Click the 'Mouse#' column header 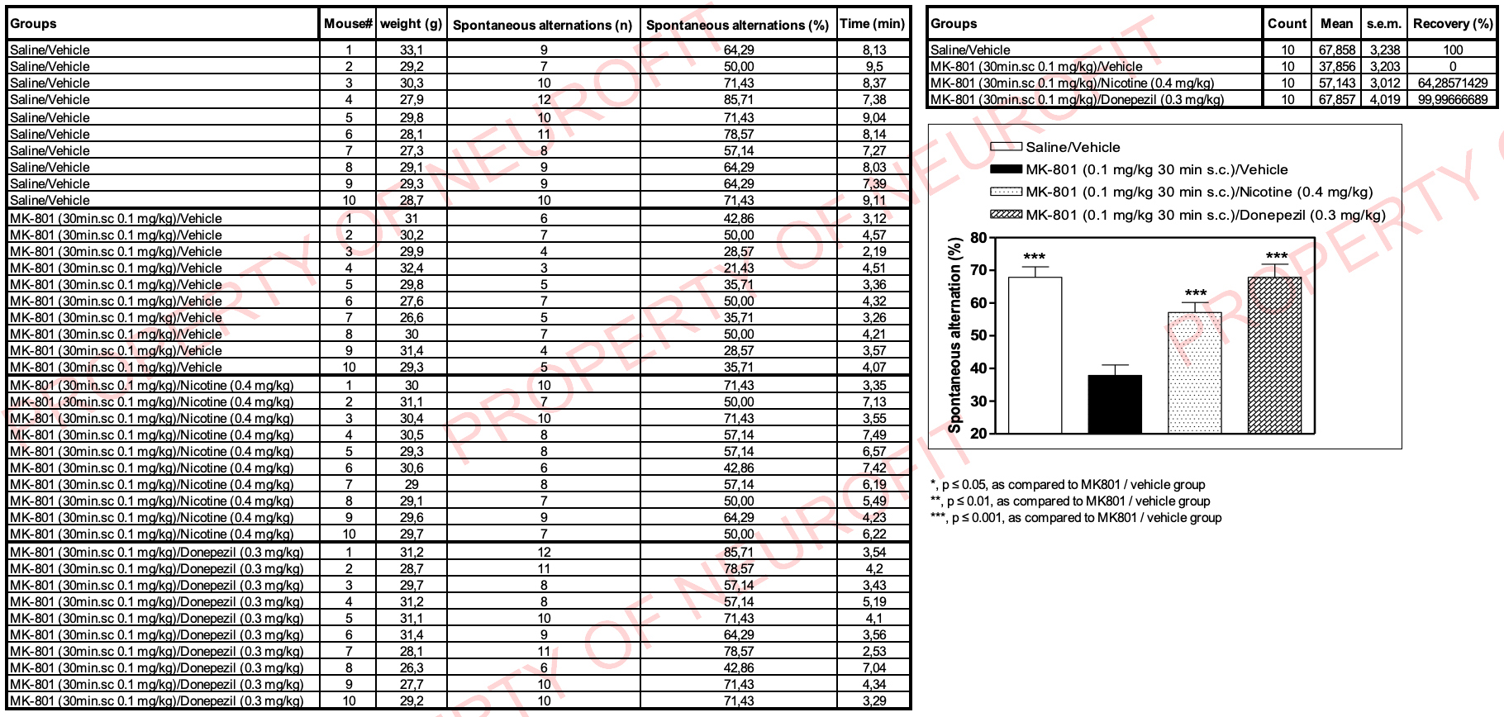pyautogui.click(x=348, y=24)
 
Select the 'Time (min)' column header pyautogui.click(x=872, y=24)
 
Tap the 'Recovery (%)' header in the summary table pyautogui.click(x=1453, y=24)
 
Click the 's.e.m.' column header pyautogui.click(x=1383, y=24)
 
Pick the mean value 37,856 pyautogui.click(x=1336, y=67)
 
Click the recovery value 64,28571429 pyautogui.click(x=1453, y=83)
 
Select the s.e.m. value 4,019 pyautogui.click(x=1384, y=100)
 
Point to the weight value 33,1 pyautogui.click(x=412, y=50)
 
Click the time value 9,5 pyautogui.click(x=873, y=67)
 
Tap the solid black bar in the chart pyautogui.click(x=1115, y=404)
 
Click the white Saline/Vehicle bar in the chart pyautogui.click(x=1035, y=355)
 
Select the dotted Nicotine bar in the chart pyautogui.click(x=1194, y=372)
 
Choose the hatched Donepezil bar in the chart pyautogui.click(x=1274, y=355)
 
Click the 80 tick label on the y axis pyautogui.click(x=978, y=238)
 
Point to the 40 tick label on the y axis pyautogui.click(x=978, y=368)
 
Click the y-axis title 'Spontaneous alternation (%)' pyautogui.click(x=955, y=335)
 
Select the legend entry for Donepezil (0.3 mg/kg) pyautogui.click(x=1205, y=216)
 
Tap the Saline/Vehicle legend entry pyautogui.click(x=1073, y=147)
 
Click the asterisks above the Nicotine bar pyautogui.click(x=1195, y=293)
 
